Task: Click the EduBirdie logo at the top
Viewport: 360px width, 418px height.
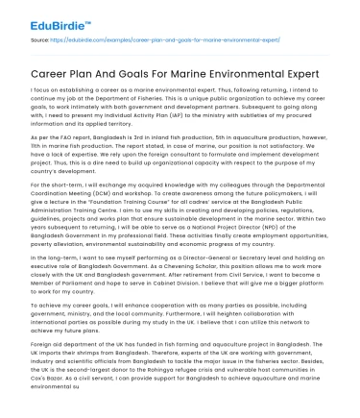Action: pos(44,16)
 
